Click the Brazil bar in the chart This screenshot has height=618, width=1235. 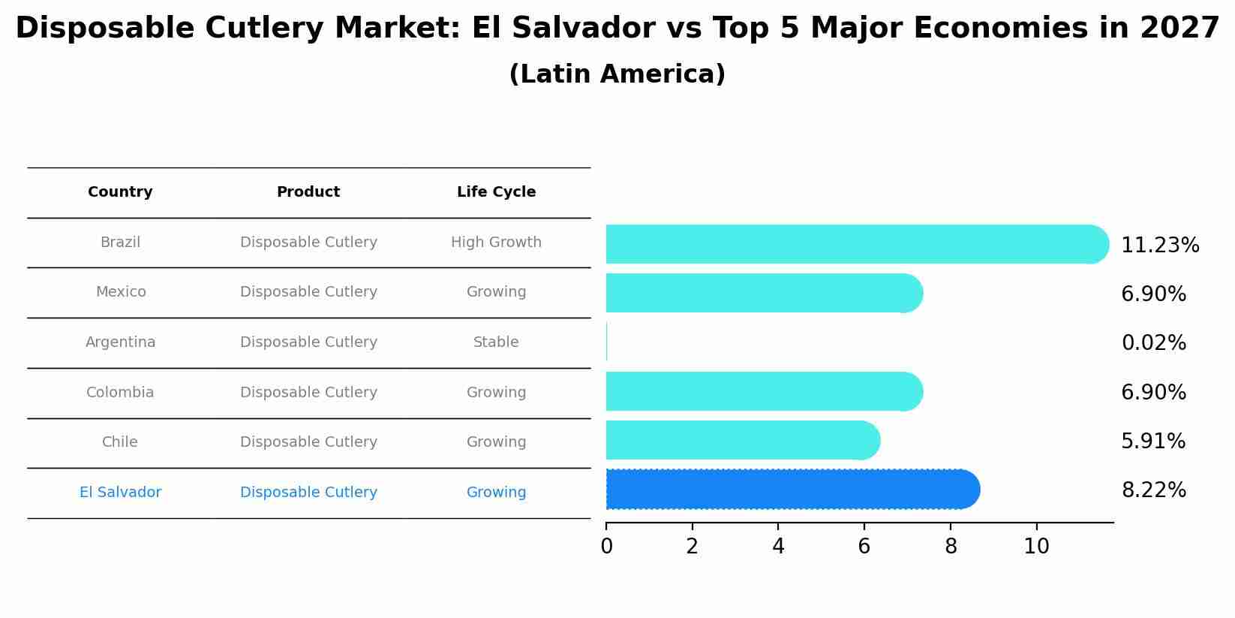(855, 244)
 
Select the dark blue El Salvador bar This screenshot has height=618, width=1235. (792, 490)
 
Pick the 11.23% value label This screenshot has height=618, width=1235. (1160, 246)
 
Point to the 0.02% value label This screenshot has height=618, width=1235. (1153, 343)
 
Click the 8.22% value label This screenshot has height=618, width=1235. (1153, 490)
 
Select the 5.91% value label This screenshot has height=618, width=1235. (1153, 442)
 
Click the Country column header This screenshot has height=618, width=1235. (120, 192)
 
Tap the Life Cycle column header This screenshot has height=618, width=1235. (496, 192)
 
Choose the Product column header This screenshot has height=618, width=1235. (308, 192)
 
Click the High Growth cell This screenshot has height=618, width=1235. (496, 243)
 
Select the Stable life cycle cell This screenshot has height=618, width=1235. (496, 342)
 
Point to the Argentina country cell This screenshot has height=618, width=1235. (120, 342)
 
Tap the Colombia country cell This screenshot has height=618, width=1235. (120, 393)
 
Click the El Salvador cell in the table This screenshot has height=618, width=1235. (120, 493)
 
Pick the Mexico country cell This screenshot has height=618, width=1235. (120, 292)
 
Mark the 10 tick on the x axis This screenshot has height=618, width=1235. (1036, 547)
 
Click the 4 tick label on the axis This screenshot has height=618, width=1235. (778, 547)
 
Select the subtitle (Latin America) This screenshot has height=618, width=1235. (617, 74)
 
